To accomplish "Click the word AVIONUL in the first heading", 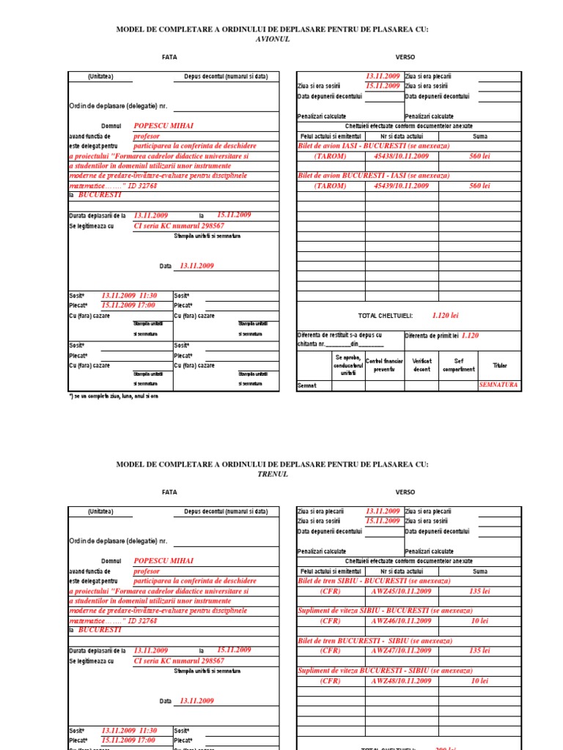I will (x=271, y=39).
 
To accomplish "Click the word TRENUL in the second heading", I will (x=271, y=474).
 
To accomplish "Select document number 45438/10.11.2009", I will (x=401, y=156).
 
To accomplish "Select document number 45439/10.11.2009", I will (x=401, y=186).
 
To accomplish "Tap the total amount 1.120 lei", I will (x=445, y=315).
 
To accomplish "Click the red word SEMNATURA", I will (x=498, y=385).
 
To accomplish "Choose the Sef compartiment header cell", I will (x=459, y=365).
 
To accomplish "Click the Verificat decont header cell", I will (x=422, y=365).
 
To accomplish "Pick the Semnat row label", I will (x=307, y=385).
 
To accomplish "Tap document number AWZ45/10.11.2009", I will (x=401, y=590).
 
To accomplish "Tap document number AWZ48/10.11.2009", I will (x=401, y=680).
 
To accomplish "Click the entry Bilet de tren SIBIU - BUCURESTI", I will (x=364, y=580).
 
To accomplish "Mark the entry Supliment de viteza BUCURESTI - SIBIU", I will (x=375, y=670).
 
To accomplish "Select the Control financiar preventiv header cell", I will (x=384, y=365).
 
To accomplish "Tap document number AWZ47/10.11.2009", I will (x=401, y=650).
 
